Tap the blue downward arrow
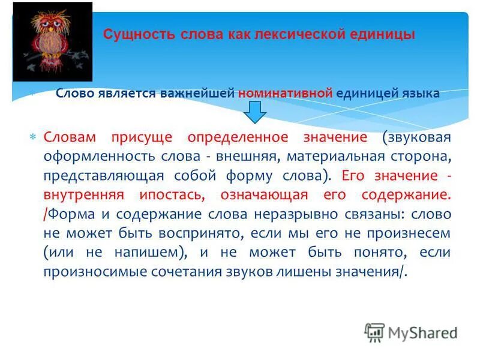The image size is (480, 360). coord(254,112)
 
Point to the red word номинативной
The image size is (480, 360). coord(285,94)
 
